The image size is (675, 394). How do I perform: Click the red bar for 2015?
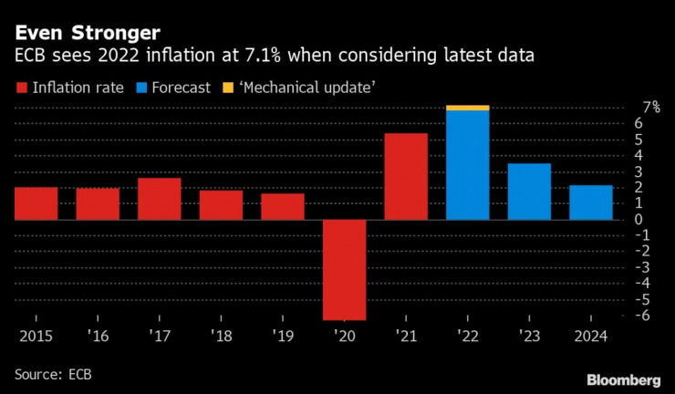[x=36, y=203]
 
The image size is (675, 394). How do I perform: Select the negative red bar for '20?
[x=345, y=269]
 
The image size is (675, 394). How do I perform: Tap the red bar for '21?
[x=406, y=176]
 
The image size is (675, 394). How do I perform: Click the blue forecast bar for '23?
[x=529, y=192]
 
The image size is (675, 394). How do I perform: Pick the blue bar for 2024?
[x=591, y=202]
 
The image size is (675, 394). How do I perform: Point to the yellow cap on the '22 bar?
[x=468, y=108]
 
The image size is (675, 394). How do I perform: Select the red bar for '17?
[x=160, y=199]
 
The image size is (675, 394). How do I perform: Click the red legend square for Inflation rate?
[x=21, y=88]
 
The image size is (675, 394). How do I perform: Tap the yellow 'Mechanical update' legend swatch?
[x=228, y=88]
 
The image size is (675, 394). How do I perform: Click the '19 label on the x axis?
[x=283, y=336]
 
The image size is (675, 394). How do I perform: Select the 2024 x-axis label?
[x=591, y=336]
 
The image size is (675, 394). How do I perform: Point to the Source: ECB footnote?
[x=53, y=374]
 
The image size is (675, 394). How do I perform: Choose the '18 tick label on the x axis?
[x=222, y=336]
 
